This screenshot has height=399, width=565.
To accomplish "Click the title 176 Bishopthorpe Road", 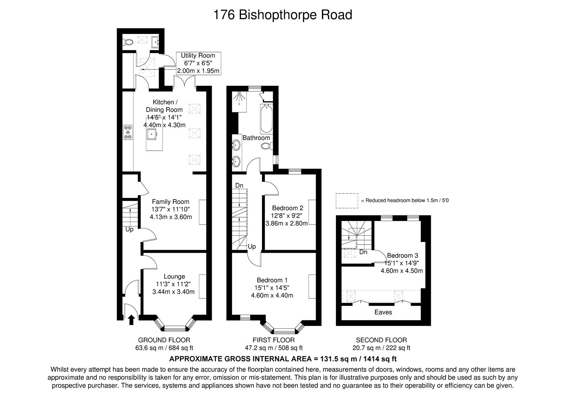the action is (282, 15).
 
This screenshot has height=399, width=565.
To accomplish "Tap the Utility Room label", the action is (198, 55).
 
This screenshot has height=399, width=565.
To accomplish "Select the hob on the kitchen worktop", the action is (128, 132).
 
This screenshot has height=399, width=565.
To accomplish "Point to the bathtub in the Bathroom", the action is (266, 118).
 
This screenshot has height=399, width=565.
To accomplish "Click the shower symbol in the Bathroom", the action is (239, 98).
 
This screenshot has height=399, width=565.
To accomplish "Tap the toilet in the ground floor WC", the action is (128, 42).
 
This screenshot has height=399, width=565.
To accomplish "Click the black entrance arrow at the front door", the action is (131, 320).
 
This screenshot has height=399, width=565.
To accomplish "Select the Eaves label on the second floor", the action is (383, 312).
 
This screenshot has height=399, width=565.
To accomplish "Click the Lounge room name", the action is (174, 276).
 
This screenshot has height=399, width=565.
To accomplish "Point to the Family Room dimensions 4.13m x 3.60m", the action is (171, 217).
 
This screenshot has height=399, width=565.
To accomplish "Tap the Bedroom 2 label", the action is (287, 208).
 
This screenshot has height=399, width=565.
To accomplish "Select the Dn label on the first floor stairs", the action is (239, 185).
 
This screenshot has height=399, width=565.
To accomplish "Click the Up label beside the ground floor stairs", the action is (129, 229).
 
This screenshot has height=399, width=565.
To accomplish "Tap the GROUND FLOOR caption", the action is (164, 340).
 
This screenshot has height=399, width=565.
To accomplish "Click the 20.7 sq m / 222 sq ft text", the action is (381, 348).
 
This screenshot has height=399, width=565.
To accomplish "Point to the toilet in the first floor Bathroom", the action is (267, 146).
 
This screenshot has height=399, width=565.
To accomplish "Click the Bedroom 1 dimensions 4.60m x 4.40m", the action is (272, 295).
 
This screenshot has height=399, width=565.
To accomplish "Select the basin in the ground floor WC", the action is (155, 42).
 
